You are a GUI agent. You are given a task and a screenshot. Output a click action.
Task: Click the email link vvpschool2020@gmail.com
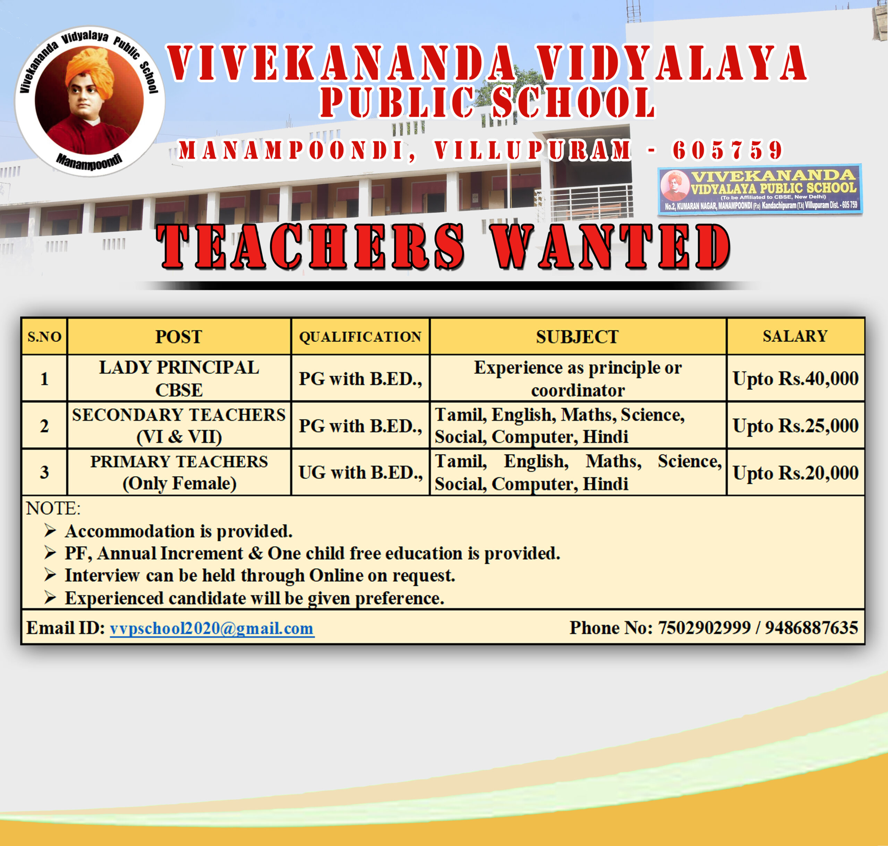212,628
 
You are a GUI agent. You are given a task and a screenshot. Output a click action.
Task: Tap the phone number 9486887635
811,628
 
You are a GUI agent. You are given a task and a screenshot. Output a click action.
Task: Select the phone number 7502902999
705,628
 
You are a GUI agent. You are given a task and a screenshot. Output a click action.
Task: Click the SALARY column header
795,336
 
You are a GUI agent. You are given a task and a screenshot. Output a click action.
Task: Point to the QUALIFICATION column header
360,336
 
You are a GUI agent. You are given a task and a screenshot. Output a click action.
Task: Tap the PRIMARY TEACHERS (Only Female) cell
179,472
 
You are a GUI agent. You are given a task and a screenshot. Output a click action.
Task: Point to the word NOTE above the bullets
53,508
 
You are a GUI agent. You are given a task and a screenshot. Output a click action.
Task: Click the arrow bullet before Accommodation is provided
50,531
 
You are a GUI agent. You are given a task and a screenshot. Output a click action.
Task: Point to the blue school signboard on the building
760,190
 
